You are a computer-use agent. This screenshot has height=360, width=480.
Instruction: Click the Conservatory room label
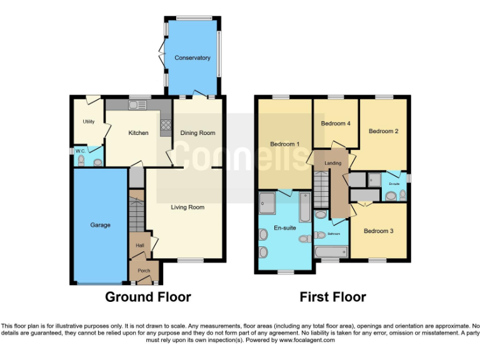click(192, 58)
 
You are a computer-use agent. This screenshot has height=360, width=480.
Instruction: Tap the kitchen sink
click(136, 105)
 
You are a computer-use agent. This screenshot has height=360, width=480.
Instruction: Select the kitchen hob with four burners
click(166, 127)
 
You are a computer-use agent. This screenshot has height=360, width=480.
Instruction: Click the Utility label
click(88, 121)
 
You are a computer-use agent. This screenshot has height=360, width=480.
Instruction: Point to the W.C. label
click(80, 151)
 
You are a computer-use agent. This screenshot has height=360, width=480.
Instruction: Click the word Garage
click(100, 225)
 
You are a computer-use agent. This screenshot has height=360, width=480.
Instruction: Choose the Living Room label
click(187, 207)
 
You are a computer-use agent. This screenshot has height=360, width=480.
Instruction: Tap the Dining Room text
click(197, 132)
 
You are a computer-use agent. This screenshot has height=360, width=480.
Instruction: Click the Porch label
click(144, 271)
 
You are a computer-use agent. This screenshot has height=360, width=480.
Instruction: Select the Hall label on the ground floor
click(140, 246)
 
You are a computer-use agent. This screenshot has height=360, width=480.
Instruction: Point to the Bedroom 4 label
click(335, 123)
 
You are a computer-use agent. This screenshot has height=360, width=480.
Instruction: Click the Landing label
click(332, 163)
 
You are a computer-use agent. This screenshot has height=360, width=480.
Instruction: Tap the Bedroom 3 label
click(379, 231)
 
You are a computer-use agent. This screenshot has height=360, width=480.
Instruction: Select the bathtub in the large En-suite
click(304, 207)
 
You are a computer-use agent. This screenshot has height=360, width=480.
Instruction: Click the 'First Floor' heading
click(332, 297)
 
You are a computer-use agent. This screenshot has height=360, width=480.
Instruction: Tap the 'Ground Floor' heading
click(147, 297)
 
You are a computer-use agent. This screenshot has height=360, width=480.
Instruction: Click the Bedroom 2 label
click(383, 131)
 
